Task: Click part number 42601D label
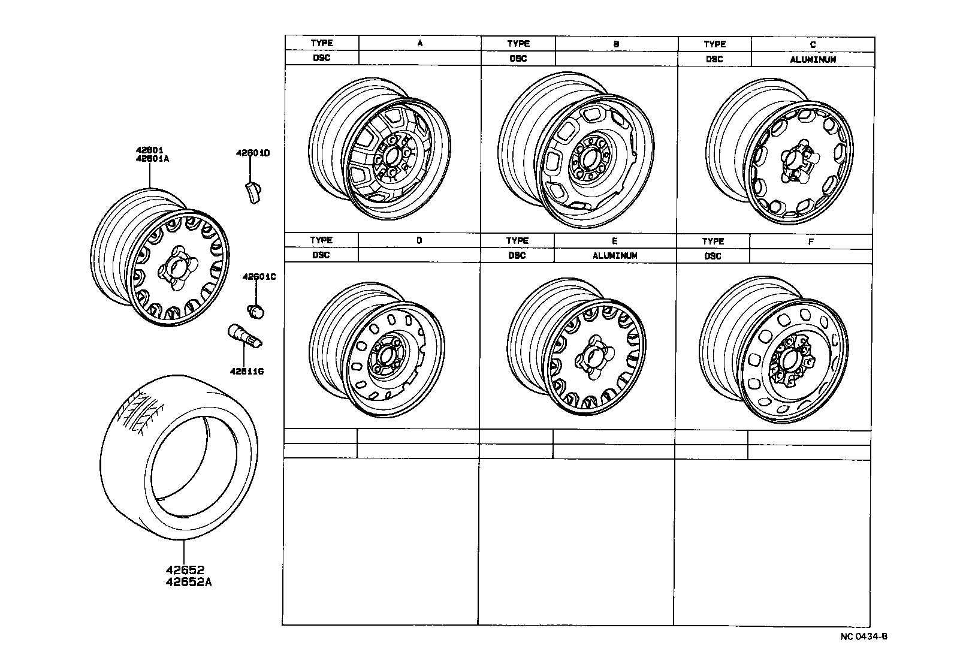252,153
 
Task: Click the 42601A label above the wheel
153,159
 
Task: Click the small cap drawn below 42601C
256,310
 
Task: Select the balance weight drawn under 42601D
252,192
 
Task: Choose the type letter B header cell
616,44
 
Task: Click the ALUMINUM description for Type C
813,59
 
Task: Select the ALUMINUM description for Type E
615,255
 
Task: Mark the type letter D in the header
419,240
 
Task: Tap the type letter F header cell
810,242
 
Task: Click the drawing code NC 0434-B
863,636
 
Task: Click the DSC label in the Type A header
322,58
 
